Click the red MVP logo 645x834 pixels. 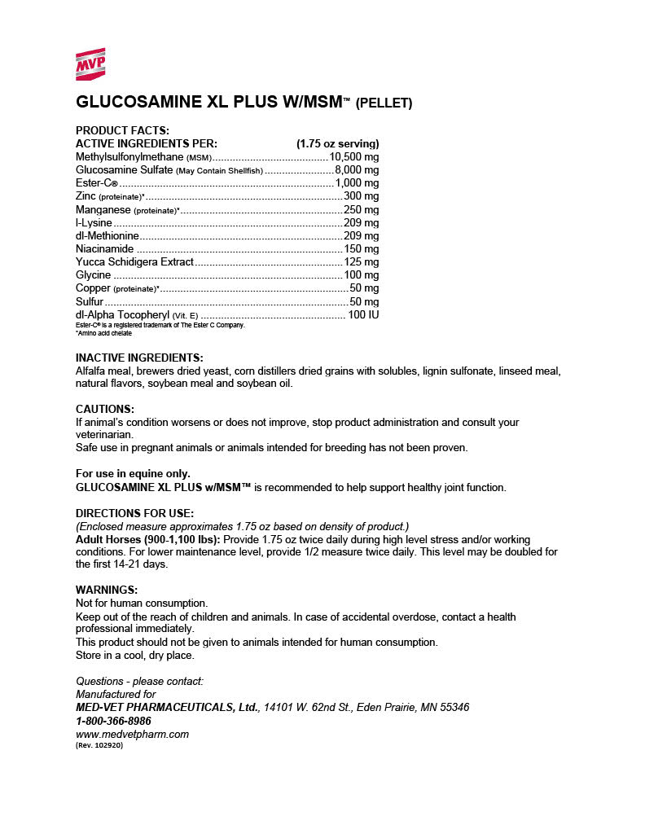coord(90,64)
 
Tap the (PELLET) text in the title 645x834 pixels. coord(384,103)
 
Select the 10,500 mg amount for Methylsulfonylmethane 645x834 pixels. coord(354,156)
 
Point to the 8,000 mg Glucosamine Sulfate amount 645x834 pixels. coord(357,169)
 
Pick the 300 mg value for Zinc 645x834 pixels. coord(361,196)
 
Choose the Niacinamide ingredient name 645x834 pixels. coord(104,248)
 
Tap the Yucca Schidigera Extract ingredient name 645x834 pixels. coord(134,261)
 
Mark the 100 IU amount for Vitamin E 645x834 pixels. coord(363,314)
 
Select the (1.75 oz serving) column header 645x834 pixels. coord(338,143)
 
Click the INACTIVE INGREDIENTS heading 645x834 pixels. coord(139,358)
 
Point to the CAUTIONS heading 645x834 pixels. coord(105,409)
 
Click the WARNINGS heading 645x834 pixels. coord(107,590)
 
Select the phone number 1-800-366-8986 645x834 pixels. coord(113,721)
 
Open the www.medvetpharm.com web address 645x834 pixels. coord(132,734)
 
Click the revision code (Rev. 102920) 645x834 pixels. coord(99,745)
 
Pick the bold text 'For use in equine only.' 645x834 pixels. coord(133,473)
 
